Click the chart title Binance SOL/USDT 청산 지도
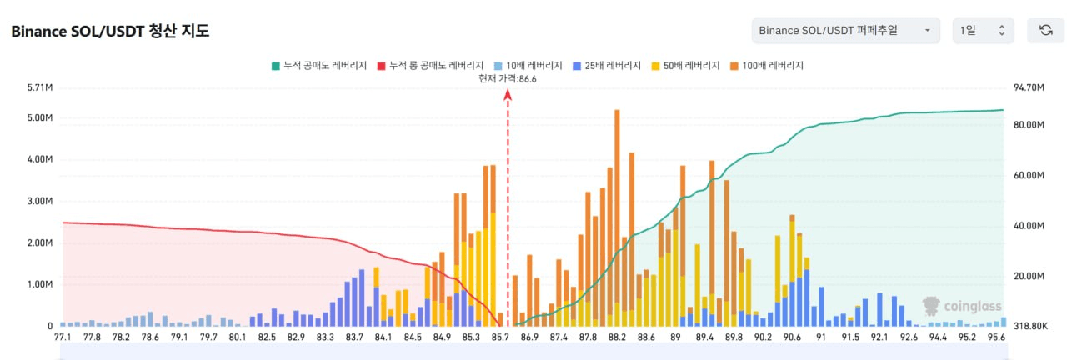pos(109,32)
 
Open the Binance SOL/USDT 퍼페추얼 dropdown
pos(845,31)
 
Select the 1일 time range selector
pos(983,31)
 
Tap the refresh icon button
pos(1045,31)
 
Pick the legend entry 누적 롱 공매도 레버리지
pos(429,65)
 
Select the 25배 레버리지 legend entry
pos(607,65)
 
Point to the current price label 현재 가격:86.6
pos(507,78)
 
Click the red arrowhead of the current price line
pos(508,94)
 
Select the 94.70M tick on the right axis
pos(1029,87)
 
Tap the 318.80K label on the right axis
pos(1030,326)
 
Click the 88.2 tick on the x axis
pos(617,337)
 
